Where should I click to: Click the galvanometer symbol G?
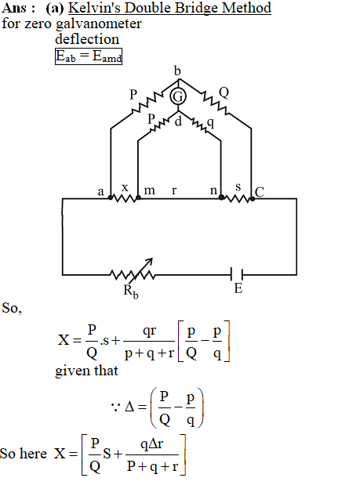pos(178,96)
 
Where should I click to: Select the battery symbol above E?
pos(237,274)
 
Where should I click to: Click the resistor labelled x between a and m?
pos(125,198)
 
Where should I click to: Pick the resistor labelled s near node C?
pos(237,199)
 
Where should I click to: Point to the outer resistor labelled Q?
pos(213,102)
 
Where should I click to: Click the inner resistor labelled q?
pos(198,124)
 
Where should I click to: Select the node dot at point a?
pos(111,197)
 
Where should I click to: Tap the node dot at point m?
pos(138,197)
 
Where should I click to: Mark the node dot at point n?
pos(221,197)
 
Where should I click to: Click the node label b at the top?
pos(177,71)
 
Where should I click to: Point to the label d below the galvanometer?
pos(178,121)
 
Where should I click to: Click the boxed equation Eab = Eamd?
pos(89,56)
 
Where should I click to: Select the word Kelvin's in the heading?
pos(94,8)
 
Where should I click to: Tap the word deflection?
pos(87,39)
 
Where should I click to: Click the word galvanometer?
pos(99,24)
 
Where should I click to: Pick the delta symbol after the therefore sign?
pos(130,406)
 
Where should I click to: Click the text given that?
pos(86,371)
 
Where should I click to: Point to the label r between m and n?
pos(174,190)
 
